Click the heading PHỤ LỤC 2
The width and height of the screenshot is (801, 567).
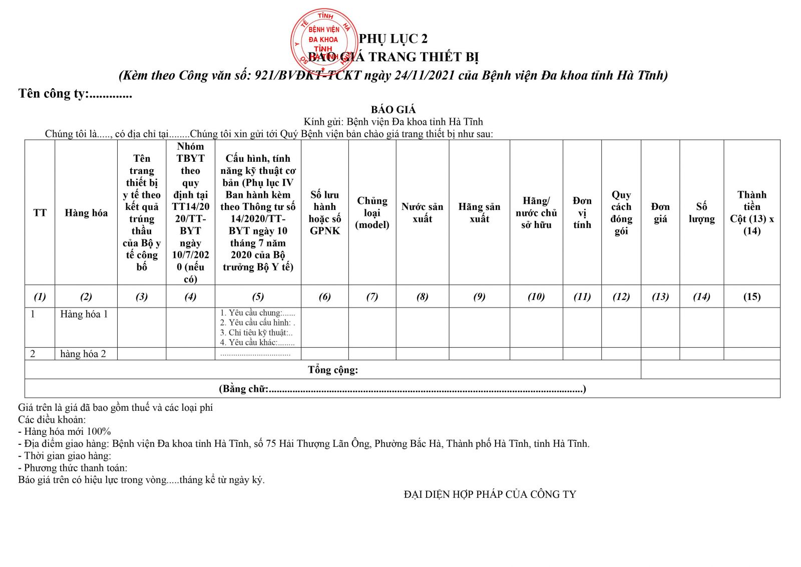point(393,39)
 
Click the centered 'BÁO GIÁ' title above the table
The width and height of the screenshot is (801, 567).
point(393,110)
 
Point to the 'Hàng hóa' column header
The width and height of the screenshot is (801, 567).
point(86,213)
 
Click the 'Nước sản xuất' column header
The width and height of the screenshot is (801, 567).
point(422,213)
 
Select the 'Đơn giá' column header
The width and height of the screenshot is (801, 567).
point(660,213)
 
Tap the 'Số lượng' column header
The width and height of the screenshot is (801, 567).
point(701,213)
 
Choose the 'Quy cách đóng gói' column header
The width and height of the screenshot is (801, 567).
point(621,213)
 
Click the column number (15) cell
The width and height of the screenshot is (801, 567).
point(751,297)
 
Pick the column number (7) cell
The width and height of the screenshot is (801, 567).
point(372,297)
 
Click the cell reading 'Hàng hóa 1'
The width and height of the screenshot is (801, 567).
point(84,314)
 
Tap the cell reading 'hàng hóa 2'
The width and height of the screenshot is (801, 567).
point(83,354)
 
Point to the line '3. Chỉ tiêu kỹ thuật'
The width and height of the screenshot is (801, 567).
point(256,333)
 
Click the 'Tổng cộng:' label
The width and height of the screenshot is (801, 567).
point(333,370)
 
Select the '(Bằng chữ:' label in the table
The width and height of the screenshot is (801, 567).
point(244,389)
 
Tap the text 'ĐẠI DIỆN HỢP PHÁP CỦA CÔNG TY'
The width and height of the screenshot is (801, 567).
point(490,495)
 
